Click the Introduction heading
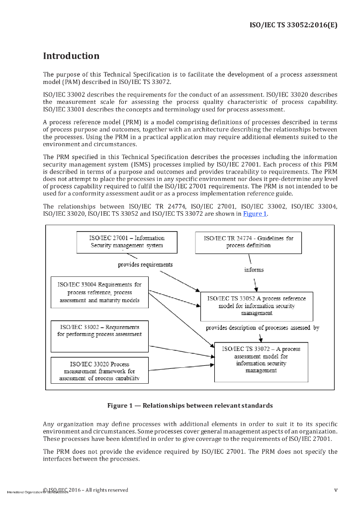click(x=71, y=56)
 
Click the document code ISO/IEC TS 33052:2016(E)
click(x=293, y=24)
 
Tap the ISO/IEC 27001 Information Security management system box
click(x=127, y=242)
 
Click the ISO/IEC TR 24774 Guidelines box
click(x=248, y=242)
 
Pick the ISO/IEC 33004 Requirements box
click(x=99, y=292)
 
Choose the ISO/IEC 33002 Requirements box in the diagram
click(x=99, y=336)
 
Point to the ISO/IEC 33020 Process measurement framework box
click(x=99, y=371)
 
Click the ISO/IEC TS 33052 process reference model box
click(x=256, y=306)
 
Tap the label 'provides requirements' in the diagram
click(x=145, y=264)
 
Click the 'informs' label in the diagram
click(x=254, y=270)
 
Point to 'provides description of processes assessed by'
click(x=262, y=328)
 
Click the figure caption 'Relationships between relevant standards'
click(x=190, y=406)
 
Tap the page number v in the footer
click(x=336, y=490)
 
